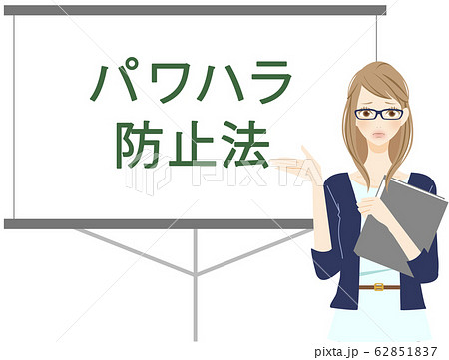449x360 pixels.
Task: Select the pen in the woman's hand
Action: pyautogui.click(x=380, y=187)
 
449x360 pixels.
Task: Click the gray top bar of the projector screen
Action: pyautogui.click(x=195, y=10)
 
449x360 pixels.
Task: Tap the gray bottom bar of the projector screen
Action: pyautogui.click(x=160, y=224)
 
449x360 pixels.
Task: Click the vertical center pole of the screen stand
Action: pyautogui.click(x=195, y=284)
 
